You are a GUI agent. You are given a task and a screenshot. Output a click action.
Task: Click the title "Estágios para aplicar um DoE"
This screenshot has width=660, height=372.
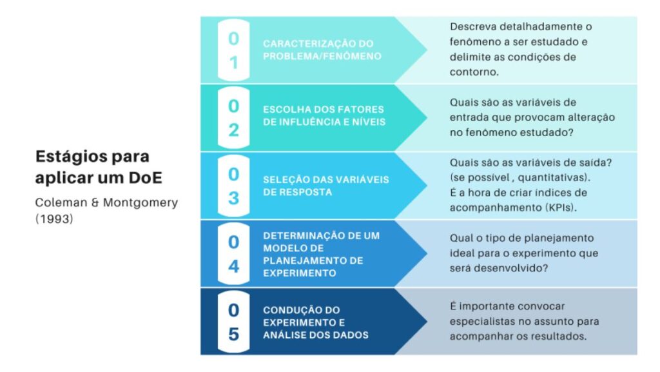point(92,166)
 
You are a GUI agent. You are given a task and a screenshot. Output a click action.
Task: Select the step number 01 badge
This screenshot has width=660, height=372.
point(233,50)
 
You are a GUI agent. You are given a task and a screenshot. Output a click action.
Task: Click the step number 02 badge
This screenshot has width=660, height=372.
point(233,117)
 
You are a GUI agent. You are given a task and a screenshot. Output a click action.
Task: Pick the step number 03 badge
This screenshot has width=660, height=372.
point(233,186)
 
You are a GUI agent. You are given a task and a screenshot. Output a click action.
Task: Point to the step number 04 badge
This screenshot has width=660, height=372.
point(233,253)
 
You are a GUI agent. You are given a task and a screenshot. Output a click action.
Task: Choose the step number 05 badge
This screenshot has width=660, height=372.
point(233,322)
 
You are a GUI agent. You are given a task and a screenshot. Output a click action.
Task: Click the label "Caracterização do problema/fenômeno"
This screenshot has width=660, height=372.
point(318,50)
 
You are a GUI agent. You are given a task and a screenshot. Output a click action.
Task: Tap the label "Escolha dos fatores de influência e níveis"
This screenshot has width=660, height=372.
point(323,115)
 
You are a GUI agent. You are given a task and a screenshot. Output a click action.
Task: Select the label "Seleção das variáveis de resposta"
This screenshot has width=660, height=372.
point(325,186)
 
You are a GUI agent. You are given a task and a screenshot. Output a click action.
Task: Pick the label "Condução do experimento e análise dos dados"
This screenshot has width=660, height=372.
point(315,322)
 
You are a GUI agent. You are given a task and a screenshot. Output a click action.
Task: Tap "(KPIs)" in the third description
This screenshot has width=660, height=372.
point(562,207)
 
